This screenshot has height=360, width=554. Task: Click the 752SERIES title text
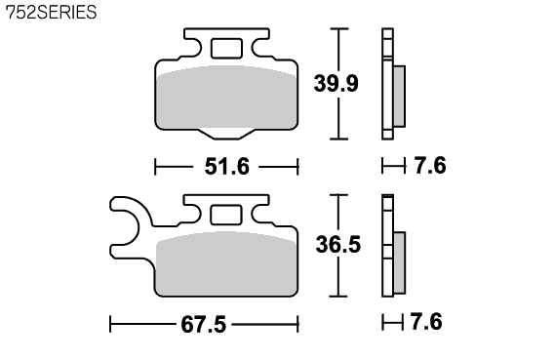52,12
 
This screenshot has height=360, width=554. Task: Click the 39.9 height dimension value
336,83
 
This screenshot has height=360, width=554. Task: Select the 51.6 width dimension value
227,167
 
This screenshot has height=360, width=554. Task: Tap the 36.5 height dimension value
338,245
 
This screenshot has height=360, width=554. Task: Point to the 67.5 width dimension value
203,324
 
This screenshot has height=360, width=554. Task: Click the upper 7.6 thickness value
430,165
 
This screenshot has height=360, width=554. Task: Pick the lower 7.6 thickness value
426,322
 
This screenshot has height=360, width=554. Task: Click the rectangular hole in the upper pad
226,49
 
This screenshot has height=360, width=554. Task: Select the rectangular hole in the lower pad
226,215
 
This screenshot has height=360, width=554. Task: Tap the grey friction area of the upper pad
226,97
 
